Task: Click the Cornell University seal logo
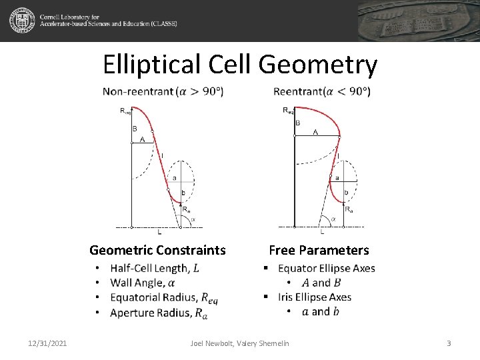[22, 21]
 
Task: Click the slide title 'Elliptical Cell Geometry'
[240, 65]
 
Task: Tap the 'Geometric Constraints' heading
[157, 251]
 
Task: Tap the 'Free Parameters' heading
[319, 251]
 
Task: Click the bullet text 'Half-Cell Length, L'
[155, 269]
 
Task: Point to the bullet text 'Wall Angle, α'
[142, 283]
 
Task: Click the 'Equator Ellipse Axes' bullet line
[326, 269]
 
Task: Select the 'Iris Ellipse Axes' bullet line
[314, 297]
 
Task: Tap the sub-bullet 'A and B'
[321, 283]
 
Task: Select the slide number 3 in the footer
[449, 343]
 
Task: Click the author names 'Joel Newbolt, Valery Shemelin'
[240, 343]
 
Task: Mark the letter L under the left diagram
[159, 233]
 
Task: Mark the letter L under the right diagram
[323, 232]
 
